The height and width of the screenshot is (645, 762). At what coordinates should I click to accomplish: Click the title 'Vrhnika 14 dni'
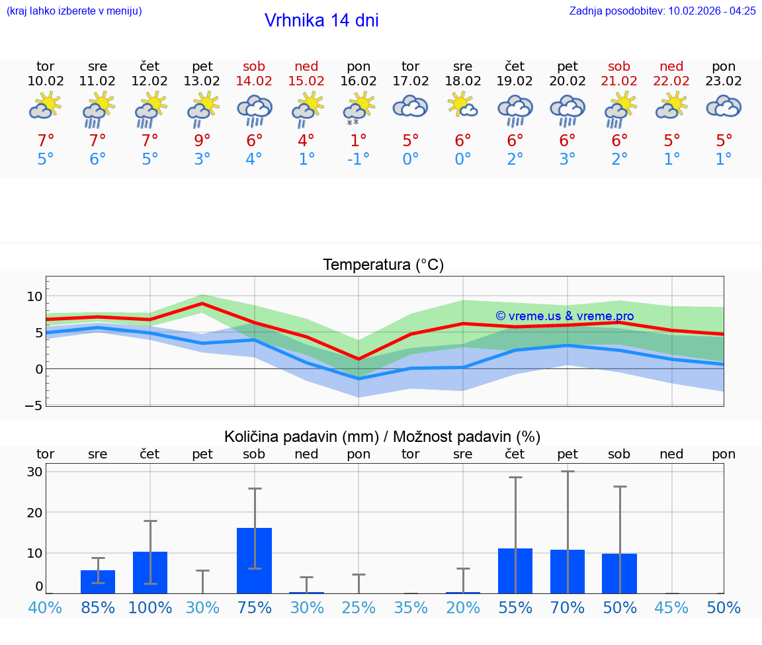321,21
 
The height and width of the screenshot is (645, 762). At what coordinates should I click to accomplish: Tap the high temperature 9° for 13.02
202,141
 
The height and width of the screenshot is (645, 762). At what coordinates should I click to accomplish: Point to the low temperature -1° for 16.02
359,159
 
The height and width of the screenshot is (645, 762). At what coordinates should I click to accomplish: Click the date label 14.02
254,81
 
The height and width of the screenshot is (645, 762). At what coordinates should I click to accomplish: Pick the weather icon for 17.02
411,107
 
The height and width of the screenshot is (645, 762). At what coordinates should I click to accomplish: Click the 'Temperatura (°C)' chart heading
383,265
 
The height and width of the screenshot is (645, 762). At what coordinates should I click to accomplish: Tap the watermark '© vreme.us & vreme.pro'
565,316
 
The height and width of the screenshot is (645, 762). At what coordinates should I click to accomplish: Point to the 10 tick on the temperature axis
34,296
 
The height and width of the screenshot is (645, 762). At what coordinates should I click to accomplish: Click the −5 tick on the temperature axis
33,405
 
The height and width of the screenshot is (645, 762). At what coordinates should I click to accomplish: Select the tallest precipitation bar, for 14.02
255,560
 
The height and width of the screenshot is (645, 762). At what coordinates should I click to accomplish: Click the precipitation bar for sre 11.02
98,581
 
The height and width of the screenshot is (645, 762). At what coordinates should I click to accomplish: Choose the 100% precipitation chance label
150,607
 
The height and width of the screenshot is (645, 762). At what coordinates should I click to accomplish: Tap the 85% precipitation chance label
98,607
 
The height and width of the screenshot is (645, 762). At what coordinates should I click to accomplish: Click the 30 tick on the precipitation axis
34,472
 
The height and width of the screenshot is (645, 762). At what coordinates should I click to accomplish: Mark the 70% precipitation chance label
568,607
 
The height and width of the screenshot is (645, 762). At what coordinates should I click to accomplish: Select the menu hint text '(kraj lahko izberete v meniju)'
74,11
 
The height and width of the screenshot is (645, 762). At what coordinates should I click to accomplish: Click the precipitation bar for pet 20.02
568,572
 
